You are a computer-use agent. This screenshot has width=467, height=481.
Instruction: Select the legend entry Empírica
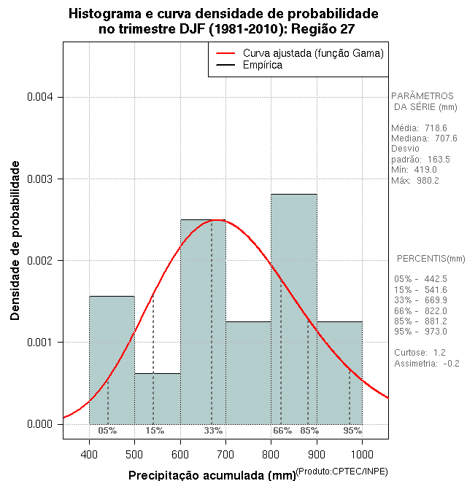262,66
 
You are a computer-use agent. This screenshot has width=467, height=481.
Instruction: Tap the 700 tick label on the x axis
225,453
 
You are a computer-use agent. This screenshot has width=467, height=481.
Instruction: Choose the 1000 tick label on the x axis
362,453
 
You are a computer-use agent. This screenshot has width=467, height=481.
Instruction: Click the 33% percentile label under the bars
213,431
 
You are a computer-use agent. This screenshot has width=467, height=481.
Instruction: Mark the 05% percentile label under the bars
107,431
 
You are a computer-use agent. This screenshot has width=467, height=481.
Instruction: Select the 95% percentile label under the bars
352,431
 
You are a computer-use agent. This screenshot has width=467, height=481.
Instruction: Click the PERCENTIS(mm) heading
431,259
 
